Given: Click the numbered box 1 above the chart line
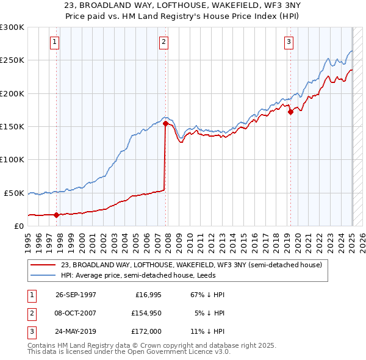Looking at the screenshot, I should [x=55, y=42].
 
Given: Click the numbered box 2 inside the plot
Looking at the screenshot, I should [x=164, y=42].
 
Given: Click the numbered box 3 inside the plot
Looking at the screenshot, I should [x=289, y=42].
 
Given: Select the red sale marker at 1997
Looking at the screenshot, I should [x=57, y=215].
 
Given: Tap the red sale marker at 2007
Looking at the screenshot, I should [x=165, y=123].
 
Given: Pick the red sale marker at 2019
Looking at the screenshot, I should [x=290, y=112].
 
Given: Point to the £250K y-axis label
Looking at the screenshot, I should [x=12, y=60].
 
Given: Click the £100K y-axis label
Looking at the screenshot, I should [x=12, y=159].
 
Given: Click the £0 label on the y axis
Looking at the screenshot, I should [x=18, y=226].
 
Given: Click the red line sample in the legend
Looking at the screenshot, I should [x=44, y=265].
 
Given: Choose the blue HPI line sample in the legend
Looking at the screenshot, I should [x=44, y=275].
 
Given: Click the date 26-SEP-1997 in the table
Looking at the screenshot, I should [x=76, y=295].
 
